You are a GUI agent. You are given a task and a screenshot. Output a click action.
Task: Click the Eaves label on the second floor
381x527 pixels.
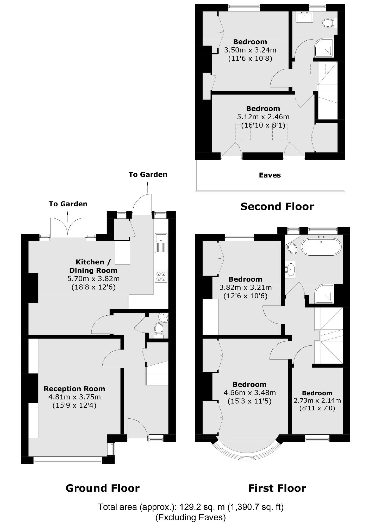270,175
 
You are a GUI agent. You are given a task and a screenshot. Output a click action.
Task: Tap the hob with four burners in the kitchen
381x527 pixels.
161,276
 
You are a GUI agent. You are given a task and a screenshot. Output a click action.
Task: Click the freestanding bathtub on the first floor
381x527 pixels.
321,247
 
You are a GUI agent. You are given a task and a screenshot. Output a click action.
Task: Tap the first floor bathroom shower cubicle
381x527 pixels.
324,294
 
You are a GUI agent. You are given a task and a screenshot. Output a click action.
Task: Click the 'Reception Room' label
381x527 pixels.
74,389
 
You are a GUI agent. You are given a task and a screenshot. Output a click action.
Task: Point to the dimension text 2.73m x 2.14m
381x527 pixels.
317,401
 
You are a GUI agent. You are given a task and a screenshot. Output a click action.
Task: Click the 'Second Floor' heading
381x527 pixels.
277,207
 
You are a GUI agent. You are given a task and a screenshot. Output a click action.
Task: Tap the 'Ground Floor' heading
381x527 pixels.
102,488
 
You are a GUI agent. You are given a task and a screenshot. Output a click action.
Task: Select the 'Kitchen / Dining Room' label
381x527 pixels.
93,266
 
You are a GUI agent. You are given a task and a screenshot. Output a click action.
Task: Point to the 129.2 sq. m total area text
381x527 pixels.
190,507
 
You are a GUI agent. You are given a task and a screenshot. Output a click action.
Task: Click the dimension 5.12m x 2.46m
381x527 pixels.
263,117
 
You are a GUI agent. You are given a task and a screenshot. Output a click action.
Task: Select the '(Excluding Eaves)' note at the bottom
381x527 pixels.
190,517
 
